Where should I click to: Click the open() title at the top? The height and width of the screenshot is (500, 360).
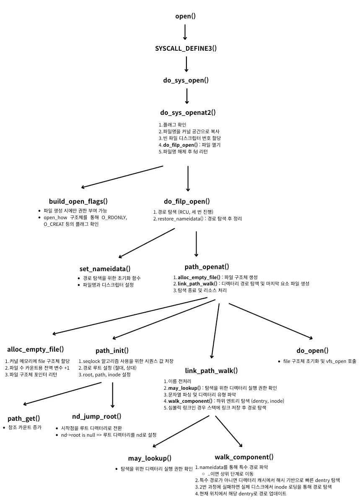pyautogui.click(x=185, y=16)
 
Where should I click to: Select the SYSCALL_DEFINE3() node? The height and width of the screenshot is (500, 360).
pyautogui.click(x=186, y=48)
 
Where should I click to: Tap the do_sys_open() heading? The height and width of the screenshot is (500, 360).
pyautogui.click(x=186, y=80)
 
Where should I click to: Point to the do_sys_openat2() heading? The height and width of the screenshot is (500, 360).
pyautogui.click(x=188, y=112)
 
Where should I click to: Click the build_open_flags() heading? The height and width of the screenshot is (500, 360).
pyautogui.click(x=78, y=201)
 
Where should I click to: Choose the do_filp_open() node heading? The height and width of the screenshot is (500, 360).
pyautogui.click(x=187, y=201)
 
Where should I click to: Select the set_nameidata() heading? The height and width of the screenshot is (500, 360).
pyautogui.click(x=105, y=269)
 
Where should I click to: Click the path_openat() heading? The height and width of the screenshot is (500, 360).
pyautogui.click(x=207, y=267)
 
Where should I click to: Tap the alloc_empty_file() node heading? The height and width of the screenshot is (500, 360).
pyautogui.click(x=36, y=349)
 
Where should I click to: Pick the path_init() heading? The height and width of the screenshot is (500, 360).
pyautogui.click(x=112, y=350)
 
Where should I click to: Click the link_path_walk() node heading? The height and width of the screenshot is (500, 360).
pyautogui.click(x=211, y=370)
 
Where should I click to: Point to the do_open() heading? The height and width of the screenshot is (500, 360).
pyautogui.click(x=312, y=350)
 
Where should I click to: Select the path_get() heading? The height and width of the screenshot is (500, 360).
pyautogui.click(x=24, y=418)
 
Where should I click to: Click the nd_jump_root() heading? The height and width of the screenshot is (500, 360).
pyautogui.click(x=97, y=416)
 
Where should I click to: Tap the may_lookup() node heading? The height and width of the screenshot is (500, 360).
pyautogui.click(x=150, y=458)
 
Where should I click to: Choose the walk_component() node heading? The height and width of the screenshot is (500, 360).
pyautogui.click(x=244, y=457)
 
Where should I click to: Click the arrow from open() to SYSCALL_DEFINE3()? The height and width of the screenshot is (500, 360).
pyautogui.click(x=185, y=32)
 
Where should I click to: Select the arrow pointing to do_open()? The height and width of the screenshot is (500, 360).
pyautogui.click(x=270, y=321)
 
